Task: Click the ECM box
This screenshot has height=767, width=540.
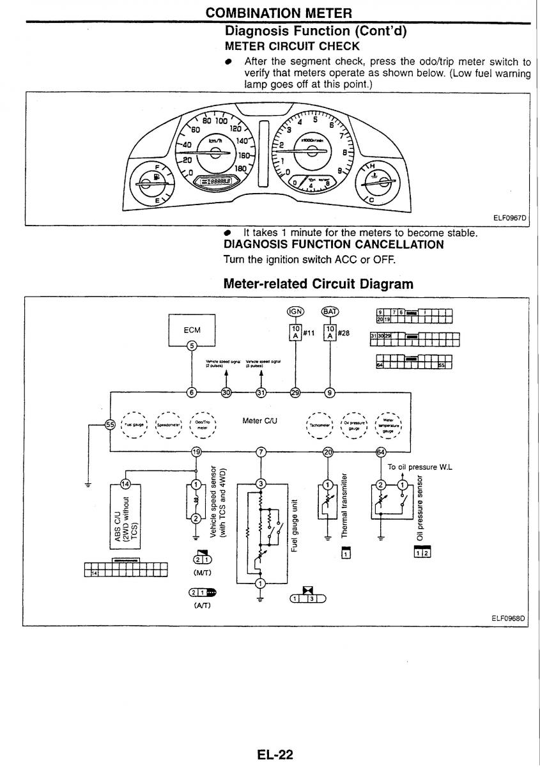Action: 192,330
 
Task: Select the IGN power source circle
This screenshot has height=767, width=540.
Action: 295,311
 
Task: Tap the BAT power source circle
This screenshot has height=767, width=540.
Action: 330,311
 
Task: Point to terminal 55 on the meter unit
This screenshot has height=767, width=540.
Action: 110,424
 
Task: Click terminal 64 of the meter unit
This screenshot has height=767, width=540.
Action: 382,453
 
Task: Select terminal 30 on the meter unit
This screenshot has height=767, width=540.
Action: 226,393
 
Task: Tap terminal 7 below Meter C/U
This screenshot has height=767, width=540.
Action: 260,453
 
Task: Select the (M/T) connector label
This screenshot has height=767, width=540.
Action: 197,574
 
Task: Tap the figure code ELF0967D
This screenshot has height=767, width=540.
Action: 509,217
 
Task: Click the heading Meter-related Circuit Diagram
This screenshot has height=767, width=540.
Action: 318,283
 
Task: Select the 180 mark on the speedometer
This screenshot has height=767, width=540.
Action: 241,169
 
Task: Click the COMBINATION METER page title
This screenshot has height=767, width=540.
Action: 279,13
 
